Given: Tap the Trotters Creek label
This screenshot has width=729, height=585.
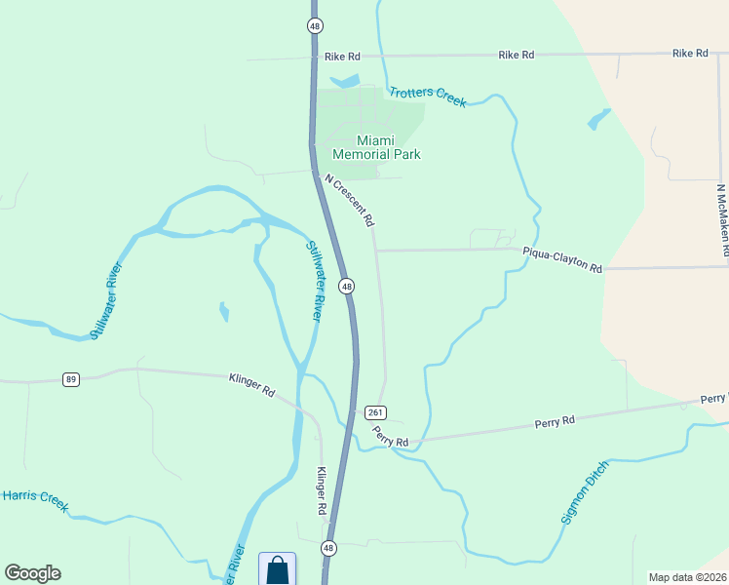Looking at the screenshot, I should (428, 97).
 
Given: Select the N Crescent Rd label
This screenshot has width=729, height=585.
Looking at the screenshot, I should (350, 201).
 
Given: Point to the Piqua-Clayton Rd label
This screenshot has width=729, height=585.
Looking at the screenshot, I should (562, 259).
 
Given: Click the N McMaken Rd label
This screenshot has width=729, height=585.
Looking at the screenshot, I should (722, 220).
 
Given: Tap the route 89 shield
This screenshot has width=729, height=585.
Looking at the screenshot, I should (70, 379).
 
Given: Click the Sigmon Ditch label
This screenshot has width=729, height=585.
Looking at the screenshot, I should (585, 491).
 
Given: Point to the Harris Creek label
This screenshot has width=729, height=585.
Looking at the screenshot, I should (35, 499).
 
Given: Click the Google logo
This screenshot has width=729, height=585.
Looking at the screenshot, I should (32, 573).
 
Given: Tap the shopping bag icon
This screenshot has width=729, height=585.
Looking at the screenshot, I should (277, 569).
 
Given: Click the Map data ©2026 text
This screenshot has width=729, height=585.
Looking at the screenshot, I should (686, 577).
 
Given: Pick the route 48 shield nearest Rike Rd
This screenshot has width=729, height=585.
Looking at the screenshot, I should (314, 25).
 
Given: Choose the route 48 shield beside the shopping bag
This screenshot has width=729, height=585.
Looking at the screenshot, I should (328, 548).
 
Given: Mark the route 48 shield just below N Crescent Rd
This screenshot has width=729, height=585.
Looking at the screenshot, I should (346, 286).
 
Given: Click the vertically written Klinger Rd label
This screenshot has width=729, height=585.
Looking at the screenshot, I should (321, 490).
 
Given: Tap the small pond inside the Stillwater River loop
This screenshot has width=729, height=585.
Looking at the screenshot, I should (225, 312).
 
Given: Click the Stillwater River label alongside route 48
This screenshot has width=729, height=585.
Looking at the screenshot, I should (315, 283).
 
